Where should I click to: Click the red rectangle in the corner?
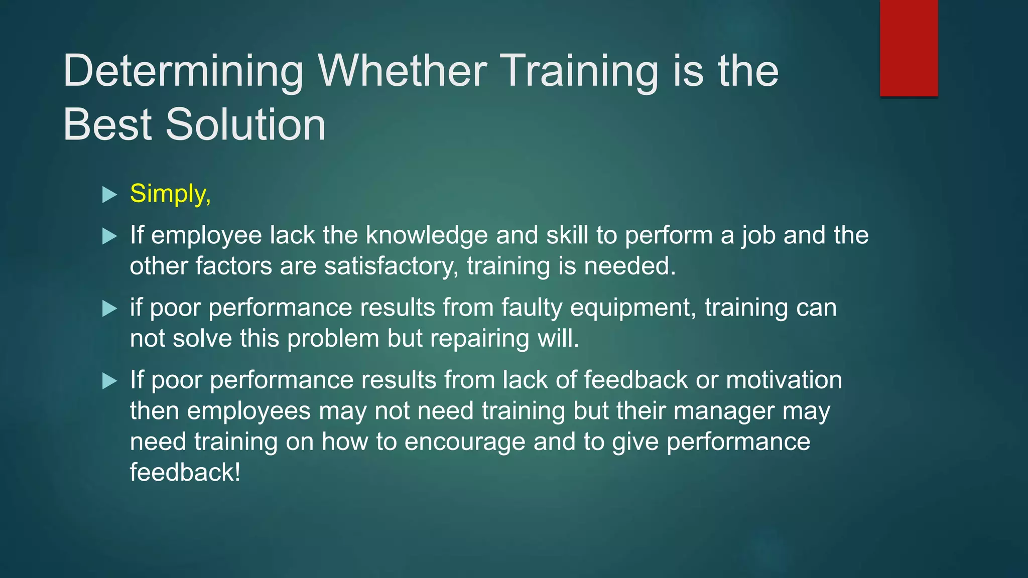point(909,48)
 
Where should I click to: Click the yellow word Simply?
point(170,194)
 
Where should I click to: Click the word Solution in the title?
point(246,124)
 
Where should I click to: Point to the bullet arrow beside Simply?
point(109,194)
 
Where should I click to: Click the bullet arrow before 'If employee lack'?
point(109,236)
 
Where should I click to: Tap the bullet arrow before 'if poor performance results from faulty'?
point(109,308)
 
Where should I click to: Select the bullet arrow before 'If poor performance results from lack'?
point(109,381)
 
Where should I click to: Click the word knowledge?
point(427,235)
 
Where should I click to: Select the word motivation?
point(784,380)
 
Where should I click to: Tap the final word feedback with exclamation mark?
point(185,473)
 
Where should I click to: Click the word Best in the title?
point(107,124)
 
